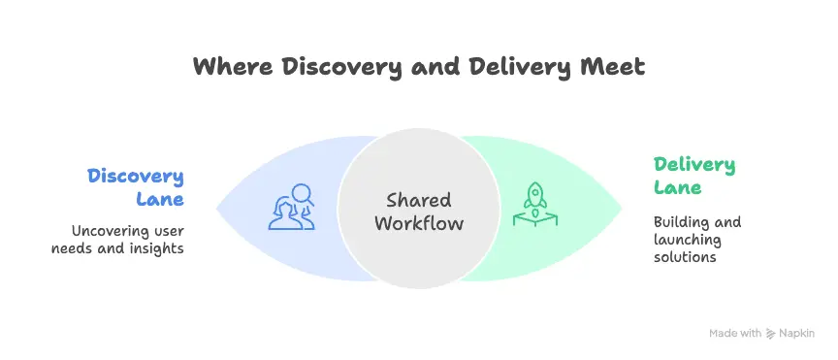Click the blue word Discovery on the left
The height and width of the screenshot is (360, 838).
tap(136, 177)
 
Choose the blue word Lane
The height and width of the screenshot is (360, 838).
tap(159, 199)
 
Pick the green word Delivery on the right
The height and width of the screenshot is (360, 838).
tap(694, 165)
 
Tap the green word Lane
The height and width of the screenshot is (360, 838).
tap(676, 187)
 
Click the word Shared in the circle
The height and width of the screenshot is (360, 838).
tap(418, 201)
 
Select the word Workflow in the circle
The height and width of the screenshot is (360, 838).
tap(418, 224)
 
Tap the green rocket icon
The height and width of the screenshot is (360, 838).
tap(532, 207)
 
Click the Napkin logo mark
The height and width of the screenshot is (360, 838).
tap(770, 333)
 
